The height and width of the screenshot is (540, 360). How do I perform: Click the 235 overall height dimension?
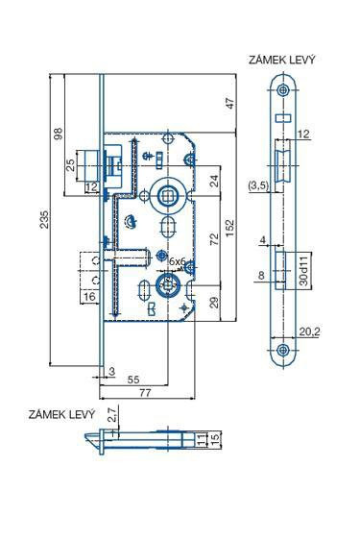click(x=45, y=219)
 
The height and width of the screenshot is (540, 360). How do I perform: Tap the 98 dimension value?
click(x=59, y=134)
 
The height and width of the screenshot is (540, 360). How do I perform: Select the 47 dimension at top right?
click(x=229, y=103)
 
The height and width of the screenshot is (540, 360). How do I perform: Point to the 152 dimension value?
click(x=229, y=228)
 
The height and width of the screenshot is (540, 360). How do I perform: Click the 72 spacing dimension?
click(x=214, y=238)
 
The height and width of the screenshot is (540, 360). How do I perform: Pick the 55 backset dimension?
click(x=133, y=380)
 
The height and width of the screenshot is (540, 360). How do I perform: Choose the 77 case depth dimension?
click(x=145, y=392)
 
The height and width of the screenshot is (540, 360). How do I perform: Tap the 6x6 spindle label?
click(x=178, y=261)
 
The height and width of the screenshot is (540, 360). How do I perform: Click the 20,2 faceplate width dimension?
click(x=309, y=331)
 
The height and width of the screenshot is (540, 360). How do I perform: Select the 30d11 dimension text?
click(x=303, y=271)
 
